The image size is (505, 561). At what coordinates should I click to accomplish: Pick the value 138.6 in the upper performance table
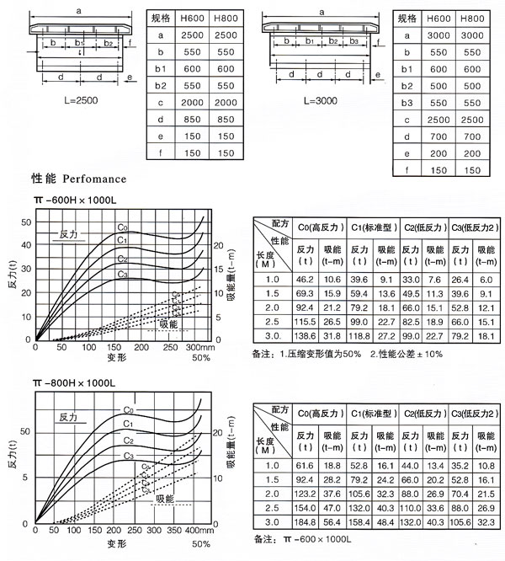pyautogui.click(x=304, y=334)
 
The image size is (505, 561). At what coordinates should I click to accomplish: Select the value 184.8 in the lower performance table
pyautogui.click(x=304, y=523)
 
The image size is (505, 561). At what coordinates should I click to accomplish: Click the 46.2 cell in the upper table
pyautogui.click(x=304, y=279)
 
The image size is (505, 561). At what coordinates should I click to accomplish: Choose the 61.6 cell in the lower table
pyautogui.click(x=304, y=466)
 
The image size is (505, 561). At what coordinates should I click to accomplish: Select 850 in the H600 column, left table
pyautogui.click(x=192, y=119)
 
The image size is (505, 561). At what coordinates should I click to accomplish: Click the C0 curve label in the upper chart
pyautogui.click(x=122, y=227)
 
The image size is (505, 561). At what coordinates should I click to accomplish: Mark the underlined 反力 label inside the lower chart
pyautogui.click(x=69, y=416)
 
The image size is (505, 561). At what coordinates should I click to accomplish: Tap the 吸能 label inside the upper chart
pyautogui.click(x=168, y=323)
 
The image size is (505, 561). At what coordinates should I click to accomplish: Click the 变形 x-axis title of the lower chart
pyautogui.click(x=116, y=543)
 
